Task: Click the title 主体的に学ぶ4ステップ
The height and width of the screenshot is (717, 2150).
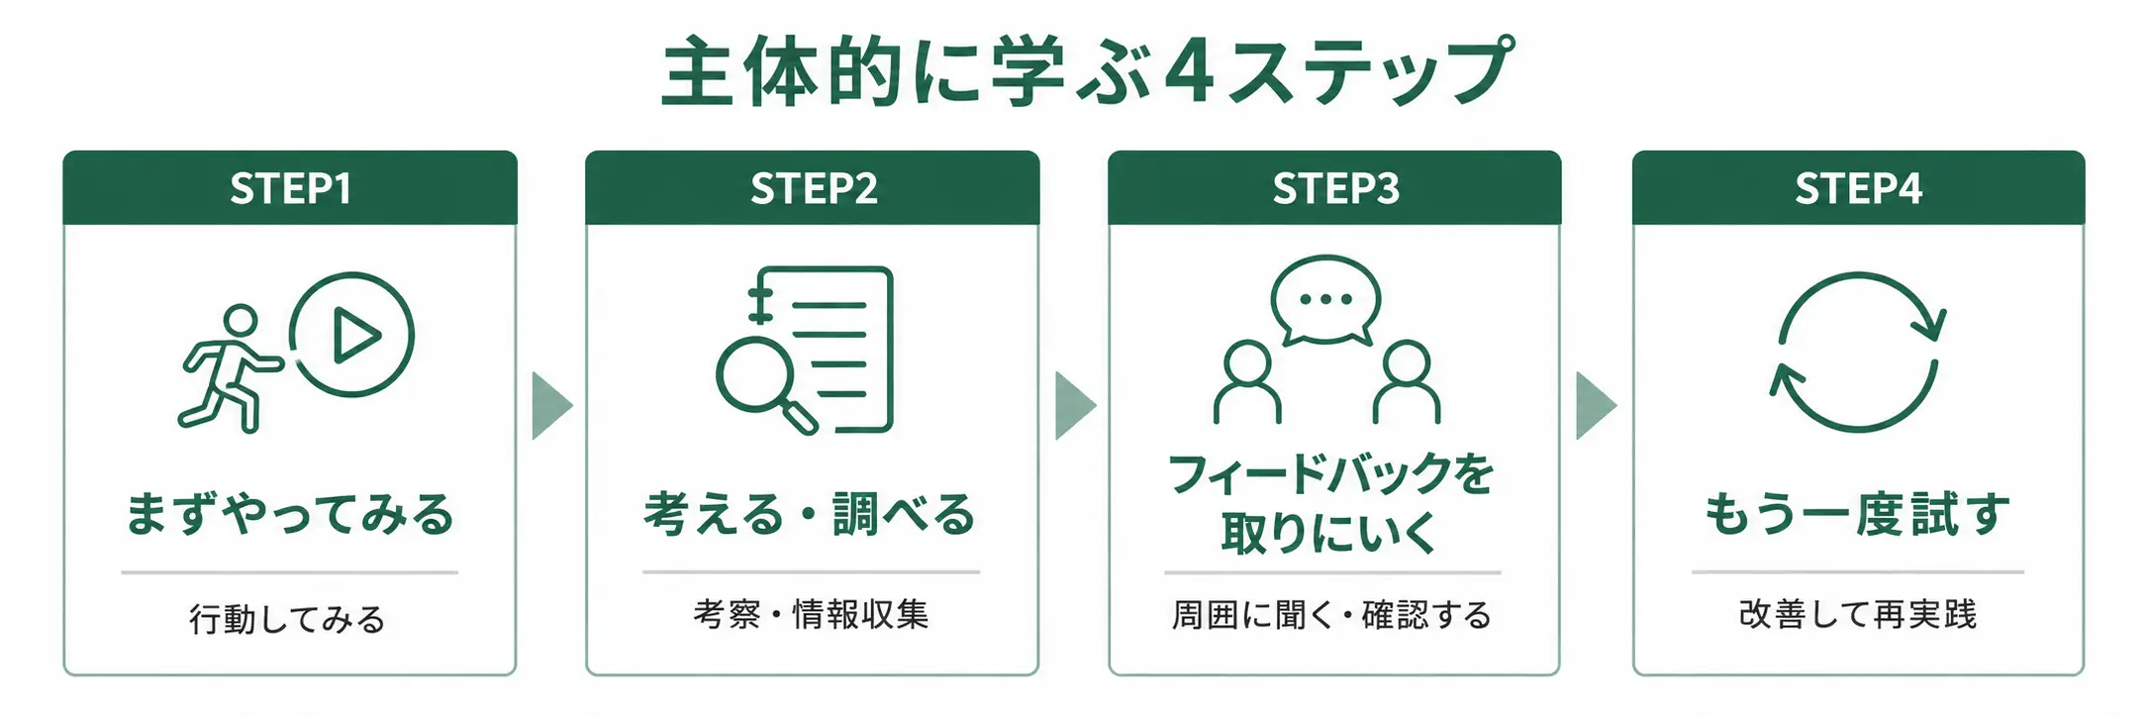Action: point(1087,71)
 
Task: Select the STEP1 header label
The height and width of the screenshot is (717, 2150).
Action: point(290,188)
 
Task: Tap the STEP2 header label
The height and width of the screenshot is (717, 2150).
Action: point(814,188)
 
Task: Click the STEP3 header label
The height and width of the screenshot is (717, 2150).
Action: point(1335,188)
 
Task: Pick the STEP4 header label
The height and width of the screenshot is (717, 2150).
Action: point(1858,188)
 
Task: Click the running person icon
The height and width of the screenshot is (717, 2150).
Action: point(230,368)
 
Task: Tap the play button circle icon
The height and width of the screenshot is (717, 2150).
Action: point(352,335)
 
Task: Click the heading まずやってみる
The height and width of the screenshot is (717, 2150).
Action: point(290,514)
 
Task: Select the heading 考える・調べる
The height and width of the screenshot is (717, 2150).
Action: point(811,514)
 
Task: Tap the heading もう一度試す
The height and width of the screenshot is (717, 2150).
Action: point(1857,514)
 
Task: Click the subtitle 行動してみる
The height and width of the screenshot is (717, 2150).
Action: point(287,619)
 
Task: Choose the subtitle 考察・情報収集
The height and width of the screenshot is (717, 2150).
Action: point(811,614)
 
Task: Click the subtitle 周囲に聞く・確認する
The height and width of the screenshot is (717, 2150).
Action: point(1331,615)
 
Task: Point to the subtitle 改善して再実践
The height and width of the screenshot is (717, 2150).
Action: point(1857,614)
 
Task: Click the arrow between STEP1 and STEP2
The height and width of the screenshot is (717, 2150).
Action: point(550,405)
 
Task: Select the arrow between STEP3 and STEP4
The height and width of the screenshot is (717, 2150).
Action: point(1595,405)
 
